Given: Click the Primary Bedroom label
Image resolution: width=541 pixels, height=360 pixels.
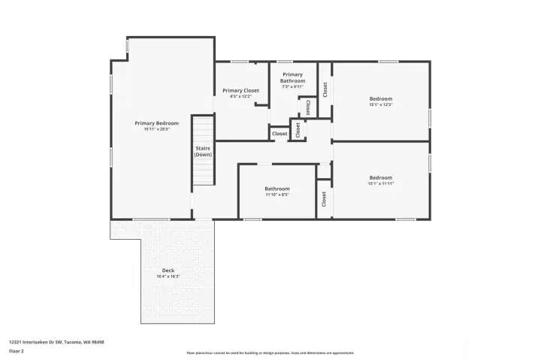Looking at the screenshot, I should (156, 123).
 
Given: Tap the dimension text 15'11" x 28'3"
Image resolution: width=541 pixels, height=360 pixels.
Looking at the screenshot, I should (156, 129).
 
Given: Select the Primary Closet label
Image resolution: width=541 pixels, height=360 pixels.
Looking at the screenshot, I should (240, 91).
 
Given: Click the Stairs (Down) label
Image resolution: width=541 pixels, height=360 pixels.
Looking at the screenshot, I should (203, 151).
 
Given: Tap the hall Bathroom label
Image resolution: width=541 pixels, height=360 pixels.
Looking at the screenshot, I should (277, 189).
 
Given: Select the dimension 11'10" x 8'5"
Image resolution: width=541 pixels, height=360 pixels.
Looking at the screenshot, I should (277, 195).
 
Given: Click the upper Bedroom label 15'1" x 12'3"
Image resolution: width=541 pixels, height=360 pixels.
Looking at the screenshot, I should (380, 98).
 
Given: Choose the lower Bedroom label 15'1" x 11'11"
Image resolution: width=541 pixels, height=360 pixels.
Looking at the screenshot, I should (380, 178).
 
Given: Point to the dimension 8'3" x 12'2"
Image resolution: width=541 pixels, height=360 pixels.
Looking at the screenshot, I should (240, 97).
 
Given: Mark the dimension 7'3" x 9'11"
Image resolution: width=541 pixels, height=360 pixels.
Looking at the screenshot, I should (292, 86).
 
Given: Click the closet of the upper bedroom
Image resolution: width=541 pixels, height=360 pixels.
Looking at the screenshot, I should (325, 89).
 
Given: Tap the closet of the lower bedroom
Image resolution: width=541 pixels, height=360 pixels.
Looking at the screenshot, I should (324, 199).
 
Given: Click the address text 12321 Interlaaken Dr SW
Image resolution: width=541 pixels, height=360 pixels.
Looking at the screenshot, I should (56, 342).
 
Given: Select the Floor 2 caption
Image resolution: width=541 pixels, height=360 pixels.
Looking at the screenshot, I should (17, 350).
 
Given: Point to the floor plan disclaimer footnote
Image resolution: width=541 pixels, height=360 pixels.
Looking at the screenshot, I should (270, 352).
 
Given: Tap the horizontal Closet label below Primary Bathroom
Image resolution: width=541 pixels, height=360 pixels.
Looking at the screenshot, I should (280, 134).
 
